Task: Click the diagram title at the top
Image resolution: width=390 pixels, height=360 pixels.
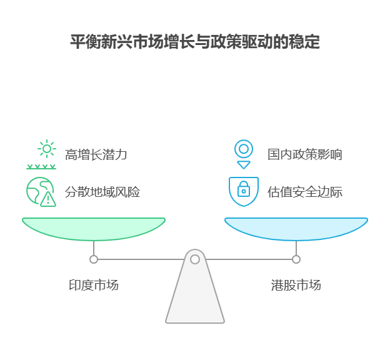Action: tap(195, 42)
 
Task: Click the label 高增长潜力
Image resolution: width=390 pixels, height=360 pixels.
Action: tap(96, 154)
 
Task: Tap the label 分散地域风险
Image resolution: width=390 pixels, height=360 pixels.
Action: tap(102, 192)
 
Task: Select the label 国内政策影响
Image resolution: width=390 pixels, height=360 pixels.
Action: tap(305, 154)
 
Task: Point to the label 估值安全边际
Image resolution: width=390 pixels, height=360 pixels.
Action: tap(305, 192)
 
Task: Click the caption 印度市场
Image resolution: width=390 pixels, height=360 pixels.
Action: tap(94, 286)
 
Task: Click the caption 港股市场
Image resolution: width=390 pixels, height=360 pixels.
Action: tap(296, 286)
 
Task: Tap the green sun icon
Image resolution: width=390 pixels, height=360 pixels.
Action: tap(46, 149)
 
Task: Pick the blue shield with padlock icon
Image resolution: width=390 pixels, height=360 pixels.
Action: tap(244, 191)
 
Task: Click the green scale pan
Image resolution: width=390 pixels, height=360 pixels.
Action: tap(94, 228)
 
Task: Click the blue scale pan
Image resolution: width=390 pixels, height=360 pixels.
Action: tap(296, 228)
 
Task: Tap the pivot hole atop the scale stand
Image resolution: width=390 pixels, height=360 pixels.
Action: tap(195, 259)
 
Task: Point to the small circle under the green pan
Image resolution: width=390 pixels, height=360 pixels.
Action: tap(94, 259)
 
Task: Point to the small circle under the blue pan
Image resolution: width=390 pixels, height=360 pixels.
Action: tap(296, 259)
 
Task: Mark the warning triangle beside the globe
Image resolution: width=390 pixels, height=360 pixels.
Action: tap(48, 199)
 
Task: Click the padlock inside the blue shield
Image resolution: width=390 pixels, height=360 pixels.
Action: tap(244, 189)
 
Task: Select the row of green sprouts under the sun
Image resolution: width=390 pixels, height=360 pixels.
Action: tap(41, 167)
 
